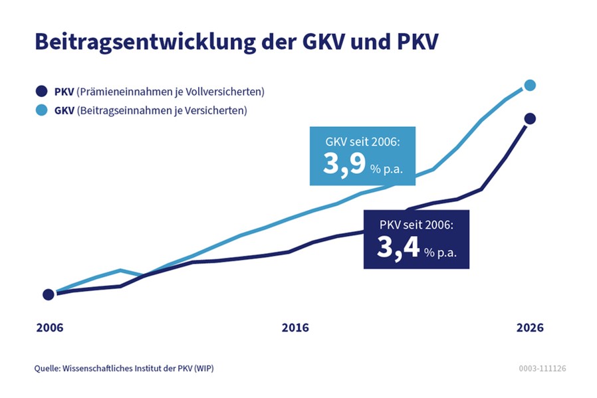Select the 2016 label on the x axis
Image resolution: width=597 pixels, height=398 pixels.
pos(295,328)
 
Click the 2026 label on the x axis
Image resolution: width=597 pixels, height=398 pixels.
pos(530,328)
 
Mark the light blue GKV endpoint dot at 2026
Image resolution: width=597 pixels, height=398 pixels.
pos(530,85)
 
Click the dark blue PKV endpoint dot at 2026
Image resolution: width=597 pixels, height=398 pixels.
pos(530,119)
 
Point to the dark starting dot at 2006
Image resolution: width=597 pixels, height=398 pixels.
pos(48,294)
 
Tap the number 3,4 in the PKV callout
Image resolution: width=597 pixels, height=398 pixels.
pos(398,248)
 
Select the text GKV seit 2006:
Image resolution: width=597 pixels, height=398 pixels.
pos(362,142)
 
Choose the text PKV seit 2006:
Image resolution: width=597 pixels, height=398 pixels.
pos(416,225)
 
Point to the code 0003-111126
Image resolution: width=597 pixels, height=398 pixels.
pos(542,368)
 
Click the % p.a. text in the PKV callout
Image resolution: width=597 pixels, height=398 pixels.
pos(442,252)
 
